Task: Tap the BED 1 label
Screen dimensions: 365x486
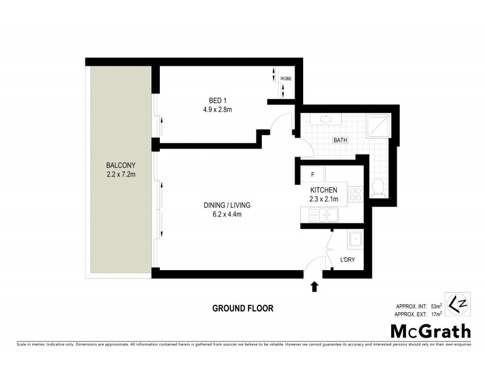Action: pyautogui.click(x=217, y=101)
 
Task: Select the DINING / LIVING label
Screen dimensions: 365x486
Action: pyautogui.click(x=227, y=205)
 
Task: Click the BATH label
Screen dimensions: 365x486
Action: pyautogui.click(x=340, y=141)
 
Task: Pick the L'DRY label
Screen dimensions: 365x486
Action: pyautogui.click(x=347, y=260)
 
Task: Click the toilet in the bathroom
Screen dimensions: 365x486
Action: pyautogui.click(x=377, y=188)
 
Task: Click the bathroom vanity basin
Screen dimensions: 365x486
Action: pyautogui.click(x=326, y=120)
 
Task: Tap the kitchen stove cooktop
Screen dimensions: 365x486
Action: pyautogui.click(x=355, y=195)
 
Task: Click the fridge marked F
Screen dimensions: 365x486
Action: pyautogui.click(x=312, y=175)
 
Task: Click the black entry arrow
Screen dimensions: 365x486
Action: pyautogui.click(x=314, y=287)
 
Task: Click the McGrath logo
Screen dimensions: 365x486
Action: pyautogui.click(x=430, y=331)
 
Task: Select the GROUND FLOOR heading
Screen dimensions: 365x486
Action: pyautogui.click(x=243, y=308)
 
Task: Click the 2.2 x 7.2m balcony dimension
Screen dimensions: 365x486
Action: pyautogui.click(x=120, y=175)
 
